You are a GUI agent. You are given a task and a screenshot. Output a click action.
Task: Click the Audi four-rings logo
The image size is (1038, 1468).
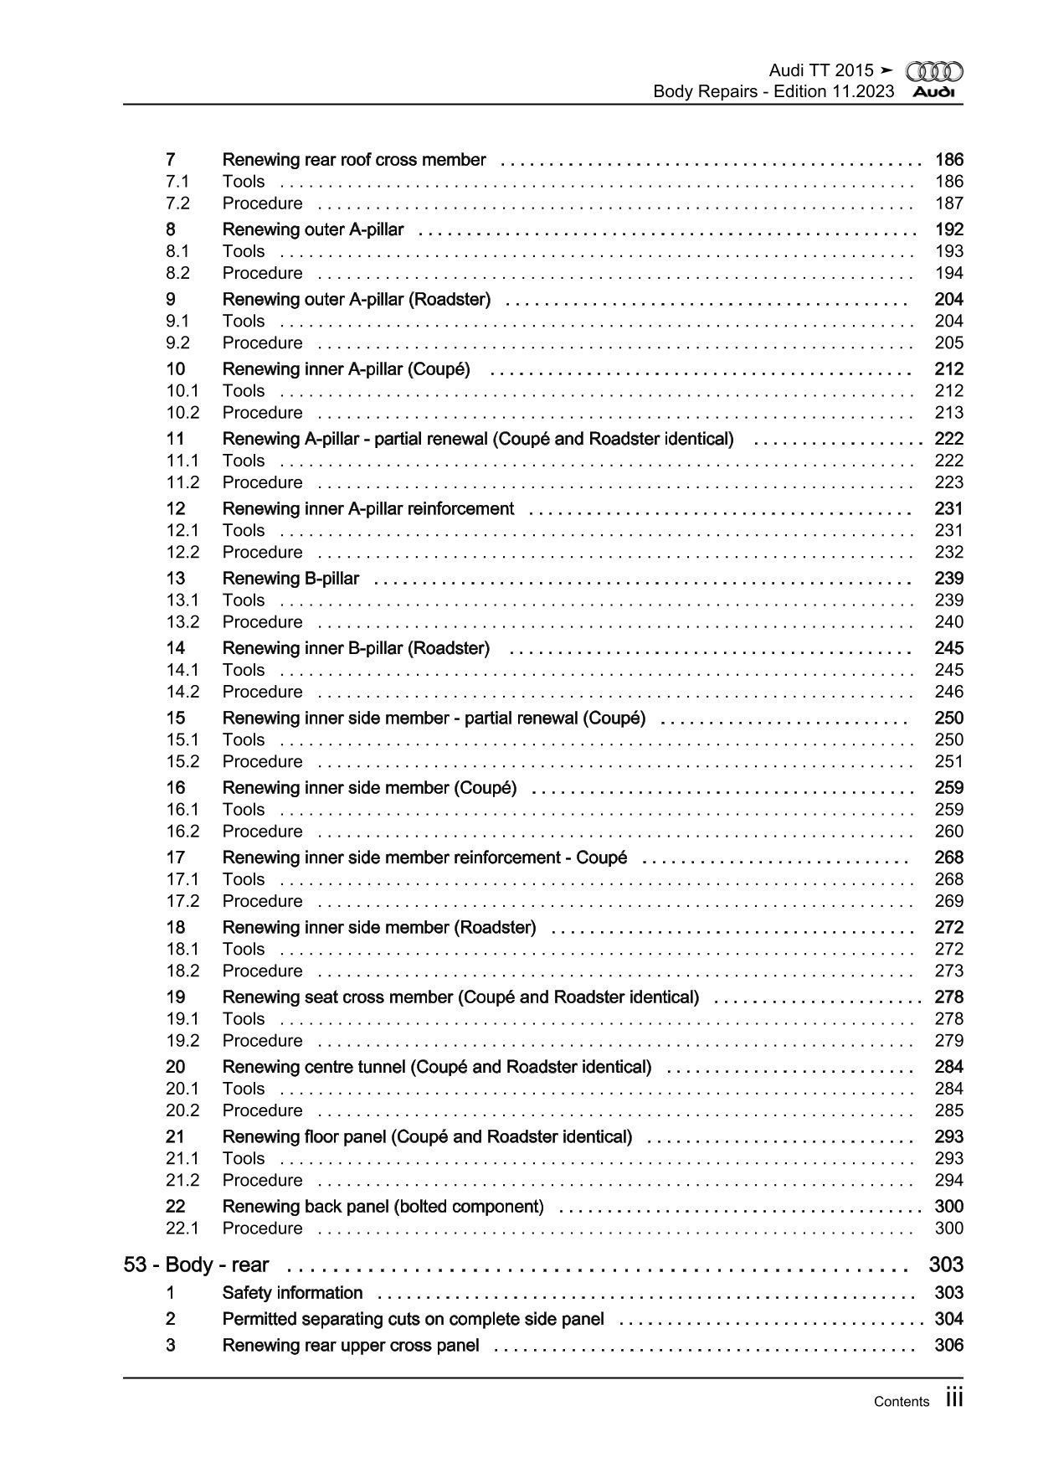(x=934, y=72)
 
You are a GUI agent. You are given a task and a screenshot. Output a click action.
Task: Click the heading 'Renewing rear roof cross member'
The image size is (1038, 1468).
(x=353, y=160)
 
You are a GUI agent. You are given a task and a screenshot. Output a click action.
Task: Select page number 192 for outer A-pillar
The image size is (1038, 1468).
(x=948, y=229)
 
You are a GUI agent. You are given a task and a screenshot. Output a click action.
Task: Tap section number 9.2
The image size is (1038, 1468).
(x=177, y=343)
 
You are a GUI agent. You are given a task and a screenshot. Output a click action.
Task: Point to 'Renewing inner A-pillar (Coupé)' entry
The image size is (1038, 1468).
(x=346, y=369)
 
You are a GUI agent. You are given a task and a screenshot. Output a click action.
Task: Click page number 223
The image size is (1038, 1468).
(x=948, y=482)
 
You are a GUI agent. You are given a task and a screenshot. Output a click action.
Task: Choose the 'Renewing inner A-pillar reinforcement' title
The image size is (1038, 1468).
(x=367, y=508)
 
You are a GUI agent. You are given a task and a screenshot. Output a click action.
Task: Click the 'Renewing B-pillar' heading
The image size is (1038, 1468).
(x=290, y=579)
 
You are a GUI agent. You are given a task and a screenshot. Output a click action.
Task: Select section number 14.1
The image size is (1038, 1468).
(x=182, y=670)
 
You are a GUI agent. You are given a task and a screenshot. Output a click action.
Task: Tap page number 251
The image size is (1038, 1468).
(x=948, y=761)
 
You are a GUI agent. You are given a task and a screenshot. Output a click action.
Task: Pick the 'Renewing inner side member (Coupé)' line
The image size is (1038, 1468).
(x=369, y=788)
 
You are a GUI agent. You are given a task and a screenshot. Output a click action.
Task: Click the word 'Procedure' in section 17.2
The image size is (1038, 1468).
(x=262, y=901)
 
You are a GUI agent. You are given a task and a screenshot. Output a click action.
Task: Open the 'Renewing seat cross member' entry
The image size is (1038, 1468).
(x=460, y=997)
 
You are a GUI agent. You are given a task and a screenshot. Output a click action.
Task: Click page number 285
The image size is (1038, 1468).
(x=948, y=1110)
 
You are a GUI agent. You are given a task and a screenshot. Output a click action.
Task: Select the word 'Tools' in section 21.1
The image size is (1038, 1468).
(x=244, y=1158)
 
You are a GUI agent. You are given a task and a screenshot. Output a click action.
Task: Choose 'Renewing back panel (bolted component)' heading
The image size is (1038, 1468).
(x=383, y=1207)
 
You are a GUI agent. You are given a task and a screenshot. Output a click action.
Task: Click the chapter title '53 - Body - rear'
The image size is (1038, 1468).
(x=196, y=1265)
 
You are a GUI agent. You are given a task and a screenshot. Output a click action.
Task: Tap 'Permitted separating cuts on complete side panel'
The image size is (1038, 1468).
(x=413, y=1319)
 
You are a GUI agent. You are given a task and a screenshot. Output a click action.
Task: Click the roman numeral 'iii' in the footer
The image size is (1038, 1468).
(x=953, y=1398)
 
